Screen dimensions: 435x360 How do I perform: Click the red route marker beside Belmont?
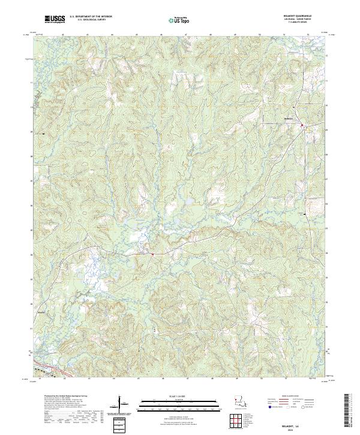[x=302, y=125]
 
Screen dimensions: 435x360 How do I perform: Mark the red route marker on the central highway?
[x=152, y=254]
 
